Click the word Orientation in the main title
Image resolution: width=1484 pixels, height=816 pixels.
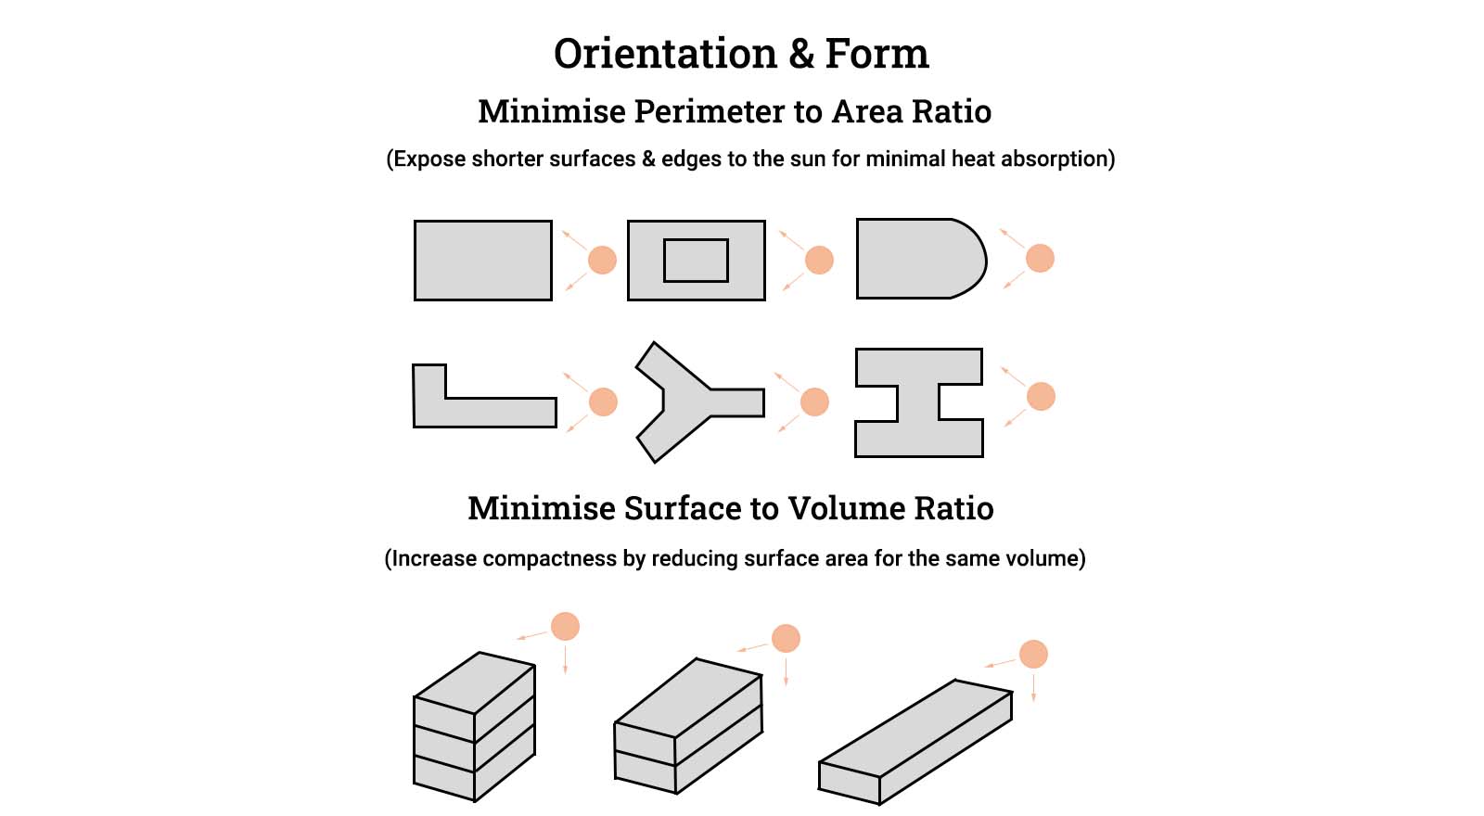tap(665, 54)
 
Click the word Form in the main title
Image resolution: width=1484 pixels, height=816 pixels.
tap(876, 54)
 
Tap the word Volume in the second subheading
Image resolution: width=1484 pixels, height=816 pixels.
tap(846, 508)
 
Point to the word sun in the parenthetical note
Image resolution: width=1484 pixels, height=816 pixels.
tap(805, 159)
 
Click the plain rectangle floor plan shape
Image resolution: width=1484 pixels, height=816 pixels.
tap(482, 261)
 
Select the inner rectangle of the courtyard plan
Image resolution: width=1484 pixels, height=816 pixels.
tap(696, 261)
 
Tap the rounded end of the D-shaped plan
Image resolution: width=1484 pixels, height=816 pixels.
tap(969, 259)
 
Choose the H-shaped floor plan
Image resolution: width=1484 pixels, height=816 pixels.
tap(918, 402)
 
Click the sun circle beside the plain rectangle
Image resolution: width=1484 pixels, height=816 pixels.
tap(602, 260)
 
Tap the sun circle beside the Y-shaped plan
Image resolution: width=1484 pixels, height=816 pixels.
tap(813, 402)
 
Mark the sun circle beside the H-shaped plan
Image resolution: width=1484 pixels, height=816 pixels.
tap(1041, 396)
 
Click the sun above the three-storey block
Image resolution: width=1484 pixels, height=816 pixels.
tap(565, 626)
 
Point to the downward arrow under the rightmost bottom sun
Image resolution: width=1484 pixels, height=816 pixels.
tap(1033, 686)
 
